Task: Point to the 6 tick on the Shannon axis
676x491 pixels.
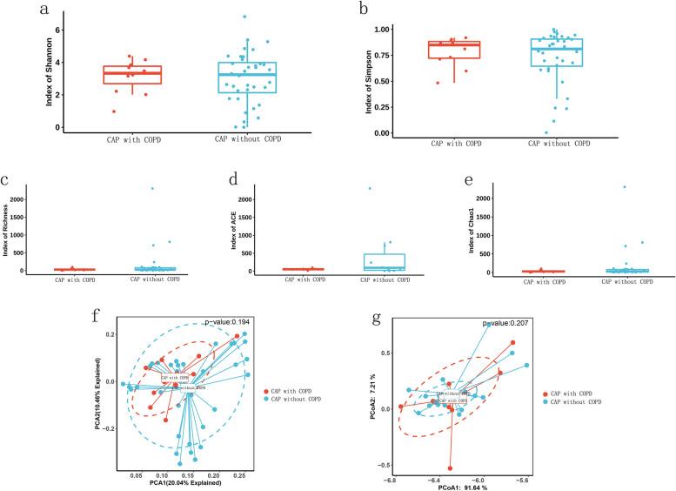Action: pos(60,30)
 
